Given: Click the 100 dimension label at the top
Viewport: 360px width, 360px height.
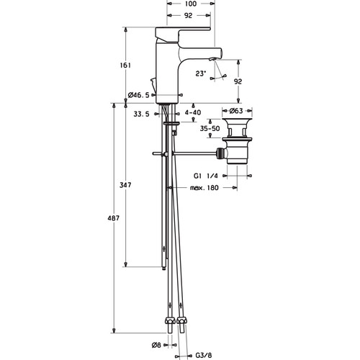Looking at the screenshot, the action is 191,4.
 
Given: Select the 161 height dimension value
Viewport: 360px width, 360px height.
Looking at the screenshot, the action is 125,66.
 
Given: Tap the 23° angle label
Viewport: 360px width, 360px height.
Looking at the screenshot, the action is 201,73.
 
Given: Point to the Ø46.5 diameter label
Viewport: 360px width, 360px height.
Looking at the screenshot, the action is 139,95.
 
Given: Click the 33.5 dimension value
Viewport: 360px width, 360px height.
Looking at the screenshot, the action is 141,114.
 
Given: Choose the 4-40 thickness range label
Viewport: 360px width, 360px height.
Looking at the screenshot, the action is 193,112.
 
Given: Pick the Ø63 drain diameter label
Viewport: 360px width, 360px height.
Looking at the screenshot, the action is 236,111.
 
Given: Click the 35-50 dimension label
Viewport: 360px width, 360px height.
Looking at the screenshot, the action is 210,129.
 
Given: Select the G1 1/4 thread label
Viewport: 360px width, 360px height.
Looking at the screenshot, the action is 206,176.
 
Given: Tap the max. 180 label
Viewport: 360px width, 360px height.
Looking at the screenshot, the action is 204,187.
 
